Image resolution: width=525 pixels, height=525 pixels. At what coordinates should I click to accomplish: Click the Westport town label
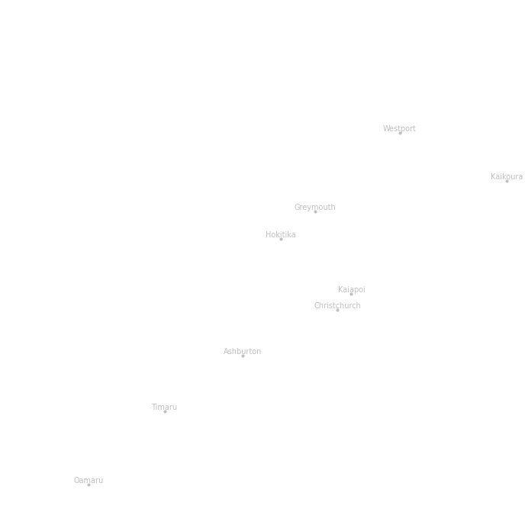tap(399, 128)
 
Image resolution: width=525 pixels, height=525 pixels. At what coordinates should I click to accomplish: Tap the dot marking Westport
tap(400, 134)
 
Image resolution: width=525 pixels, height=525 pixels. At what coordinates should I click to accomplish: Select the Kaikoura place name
tap(507, 176)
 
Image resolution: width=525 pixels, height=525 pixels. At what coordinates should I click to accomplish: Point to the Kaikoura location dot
tap(507, 182)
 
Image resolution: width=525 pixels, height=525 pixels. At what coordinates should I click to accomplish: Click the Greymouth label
tap(314, 208)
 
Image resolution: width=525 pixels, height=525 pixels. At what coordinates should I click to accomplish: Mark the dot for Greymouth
tap(315, 212)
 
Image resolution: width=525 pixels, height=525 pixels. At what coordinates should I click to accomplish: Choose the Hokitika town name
tap(281, 234)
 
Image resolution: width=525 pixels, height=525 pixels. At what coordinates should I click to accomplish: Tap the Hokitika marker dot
tap(282, 240)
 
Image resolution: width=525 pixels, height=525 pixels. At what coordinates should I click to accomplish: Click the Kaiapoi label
tap(352, 290)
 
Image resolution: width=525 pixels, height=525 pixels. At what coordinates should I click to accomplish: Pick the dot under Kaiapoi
tap(351, 295)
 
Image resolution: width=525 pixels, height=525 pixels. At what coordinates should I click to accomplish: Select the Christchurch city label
tap(337, 306)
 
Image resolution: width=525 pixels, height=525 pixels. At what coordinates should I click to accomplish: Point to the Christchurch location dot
tap(337, 311)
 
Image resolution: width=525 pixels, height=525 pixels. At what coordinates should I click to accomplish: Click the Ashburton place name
tap(242, 351)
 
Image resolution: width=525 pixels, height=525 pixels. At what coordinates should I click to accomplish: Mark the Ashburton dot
tap(243, 356)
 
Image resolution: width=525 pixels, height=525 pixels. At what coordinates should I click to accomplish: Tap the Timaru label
tap(164, 407)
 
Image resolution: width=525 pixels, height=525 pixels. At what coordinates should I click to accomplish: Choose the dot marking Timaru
tap(165, 412)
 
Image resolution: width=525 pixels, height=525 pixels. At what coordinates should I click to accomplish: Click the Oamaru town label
tap(89, 481)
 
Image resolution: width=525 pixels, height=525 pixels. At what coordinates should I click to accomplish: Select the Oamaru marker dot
tap(89, 485)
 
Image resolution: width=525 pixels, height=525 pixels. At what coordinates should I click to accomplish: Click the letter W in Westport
tap(386, 128)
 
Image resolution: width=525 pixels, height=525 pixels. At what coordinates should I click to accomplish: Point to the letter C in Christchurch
tap(317, 306)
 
